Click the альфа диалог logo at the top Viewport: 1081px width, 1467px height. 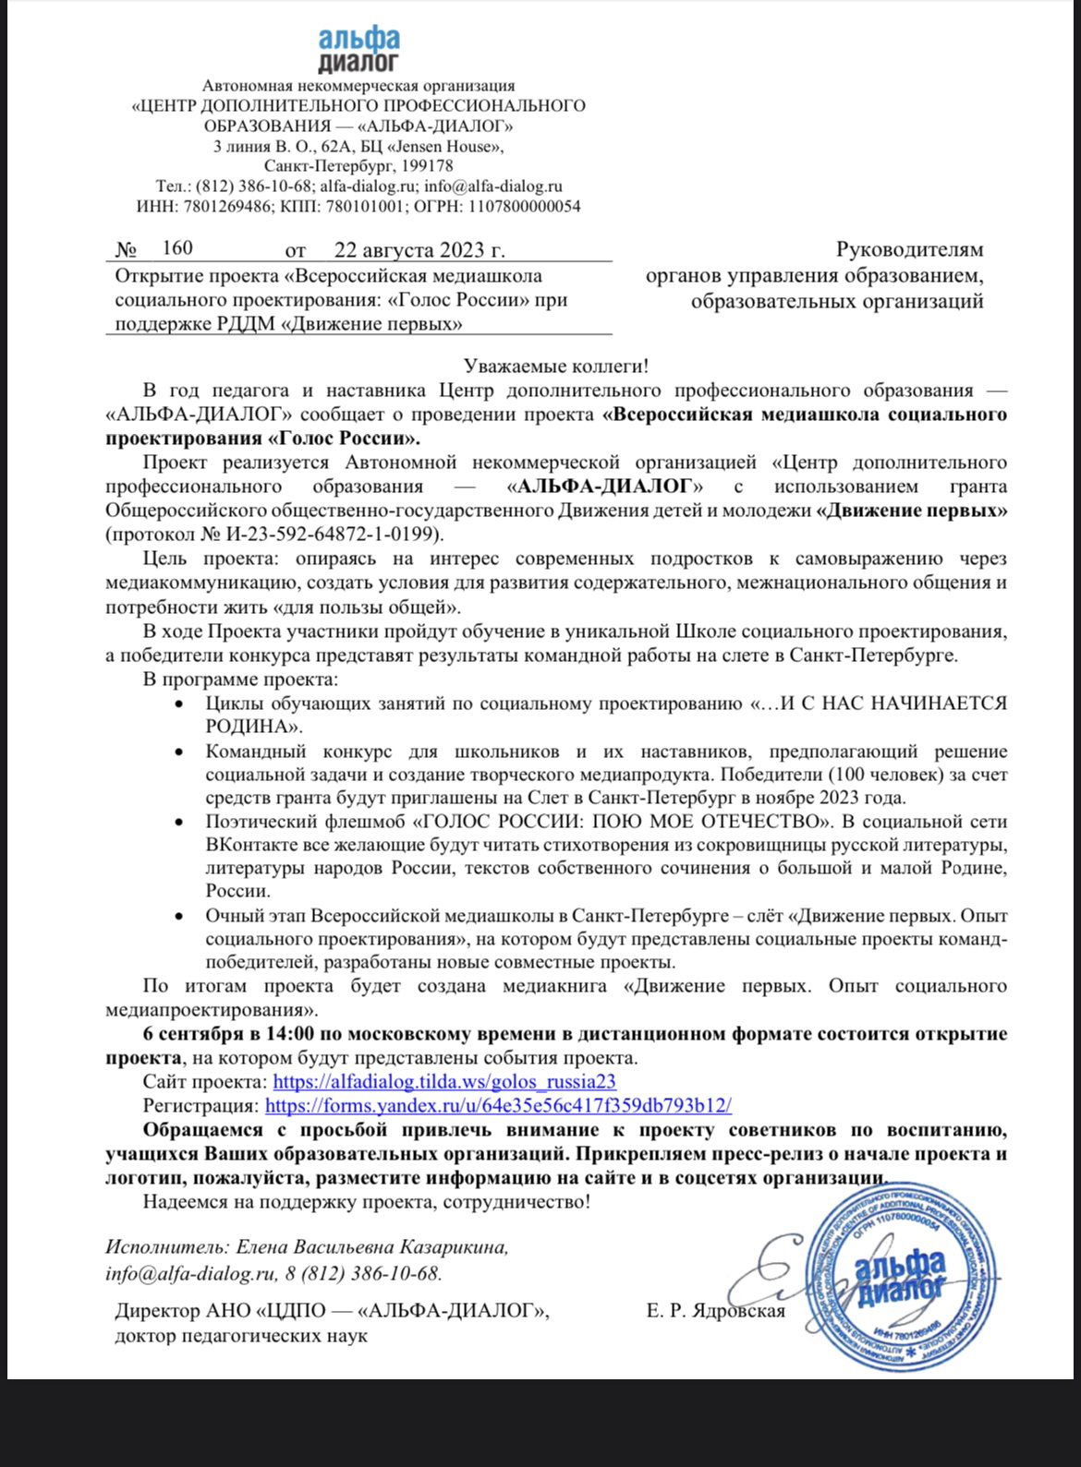tap(358, 49)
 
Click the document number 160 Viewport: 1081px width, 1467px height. tap(176, 247)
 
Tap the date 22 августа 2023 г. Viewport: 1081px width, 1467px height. tap(419, 249)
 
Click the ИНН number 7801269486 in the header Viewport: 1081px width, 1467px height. tap(221, 206)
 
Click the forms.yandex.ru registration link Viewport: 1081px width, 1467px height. tap(498, 1105)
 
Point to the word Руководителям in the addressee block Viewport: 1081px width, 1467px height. tap(909, 249)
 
